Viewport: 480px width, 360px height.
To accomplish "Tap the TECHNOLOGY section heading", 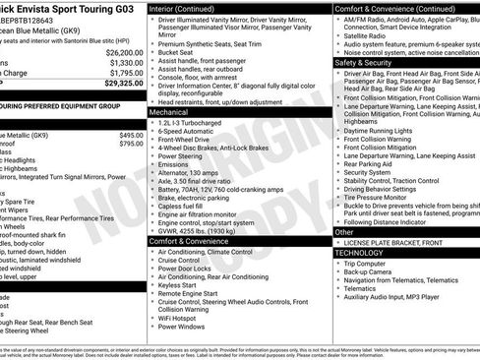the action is tap(360, 253).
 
